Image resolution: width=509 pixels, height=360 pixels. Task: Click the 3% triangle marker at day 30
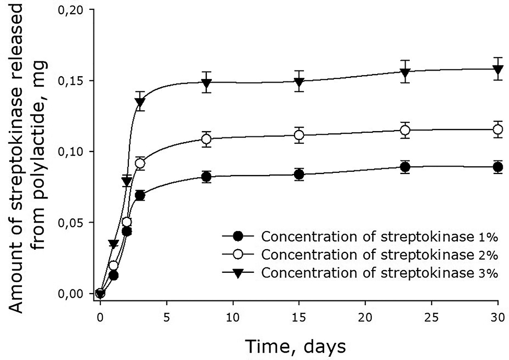(498, 69)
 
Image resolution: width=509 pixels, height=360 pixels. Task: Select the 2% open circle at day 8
(206, 139)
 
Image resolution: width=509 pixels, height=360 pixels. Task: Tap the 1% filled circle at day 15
(299, 175)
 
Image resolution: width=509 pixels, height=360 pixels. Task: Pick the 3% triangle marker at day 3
(140, 102)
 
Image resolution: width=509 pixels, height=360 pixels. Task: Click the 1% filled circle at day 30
(498, 167)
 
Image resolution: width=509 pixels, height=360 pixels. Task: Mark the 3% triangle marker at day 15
(299, 82)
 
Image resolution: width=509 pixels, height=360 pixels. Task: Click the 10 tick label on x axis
(233, 317)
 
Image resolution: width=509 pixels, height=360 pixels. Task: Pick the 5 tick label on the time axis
(167, 317)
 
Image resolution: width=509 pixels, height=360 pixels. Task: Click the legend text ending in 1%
(376, 236)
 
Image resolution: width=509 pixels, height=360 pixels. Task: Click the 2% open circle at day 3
(140, 164)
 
